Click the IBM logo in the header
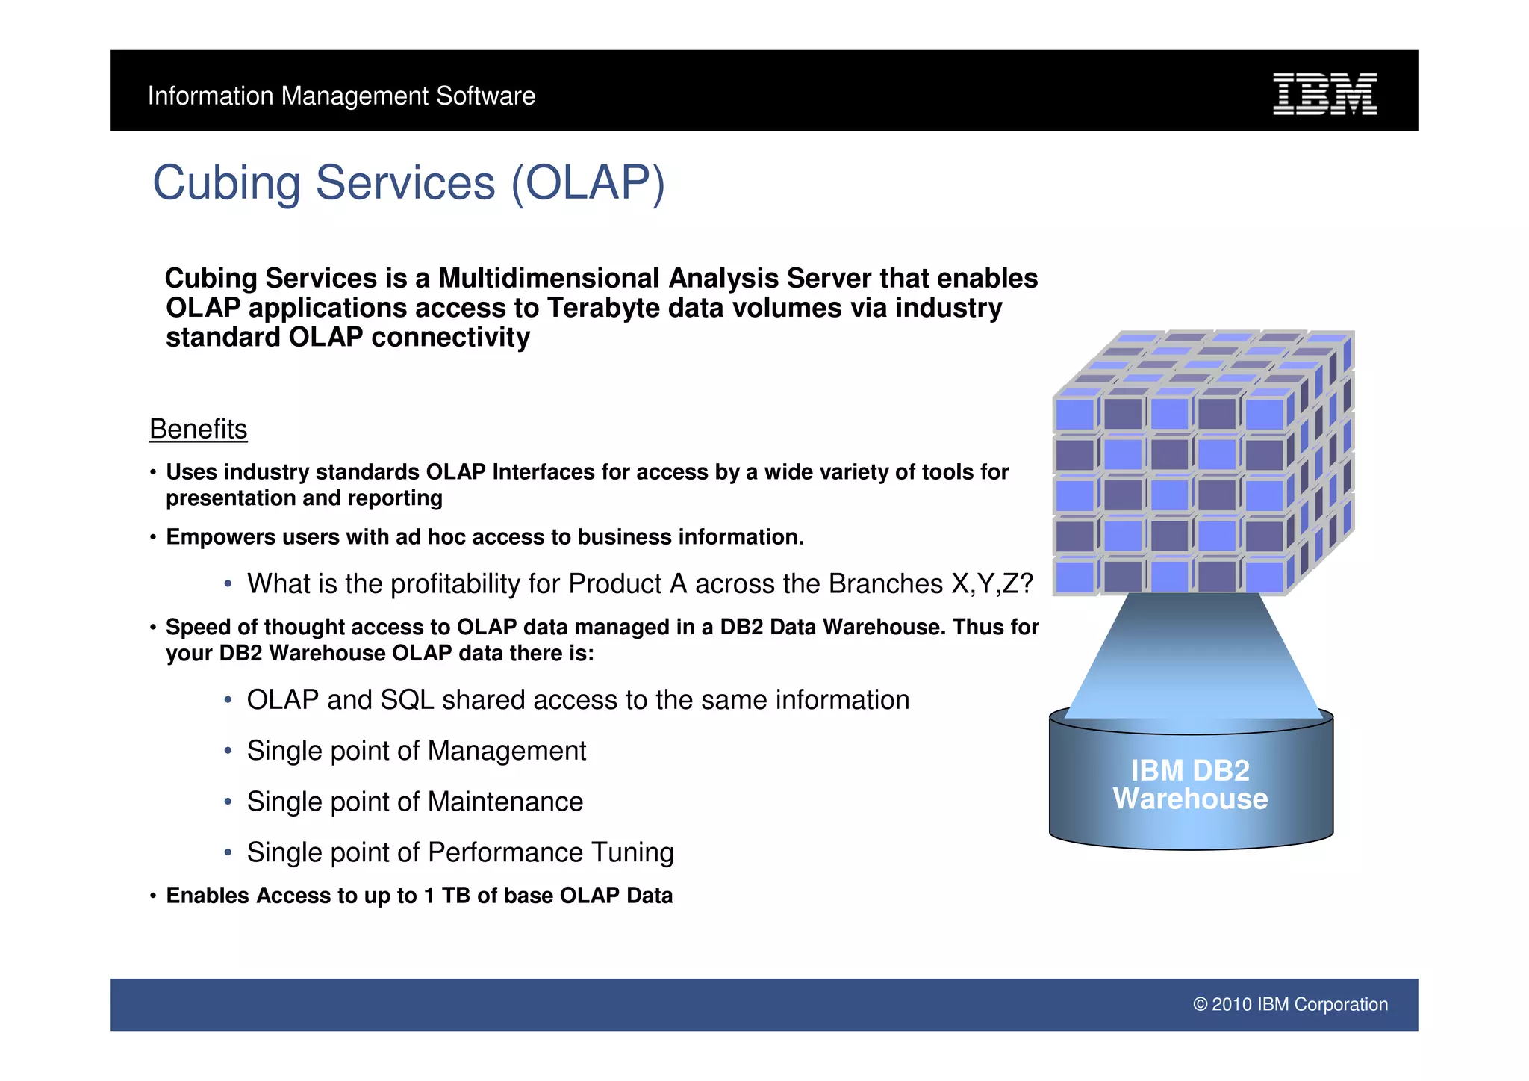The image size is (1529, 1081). click(1324, 94)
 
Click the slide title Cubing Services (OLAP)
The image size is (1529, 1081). click(408, 183)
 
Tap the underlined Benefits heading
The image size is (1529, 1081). click(198, 430)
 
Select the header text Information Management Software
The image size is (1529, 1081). click(341, 96)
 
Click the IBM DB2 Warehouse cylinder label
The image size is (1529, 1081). click(1190, 784)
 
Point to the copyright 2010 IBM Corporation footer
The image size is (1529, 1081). click(1290, 1004)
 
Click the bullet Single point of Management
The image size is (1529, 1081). click(416, 751)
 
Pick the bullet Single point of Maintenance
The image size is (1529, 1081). click(414, 802)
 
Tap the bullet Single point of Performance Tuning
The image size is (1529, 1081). click(460, 852)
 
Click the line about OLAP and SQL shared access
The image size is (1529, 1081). click(578, 700)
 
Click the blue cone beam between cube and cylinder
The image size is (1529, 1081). click(1192, 657)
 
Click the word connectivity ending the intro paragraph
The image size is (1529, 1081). click(450, 338)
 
